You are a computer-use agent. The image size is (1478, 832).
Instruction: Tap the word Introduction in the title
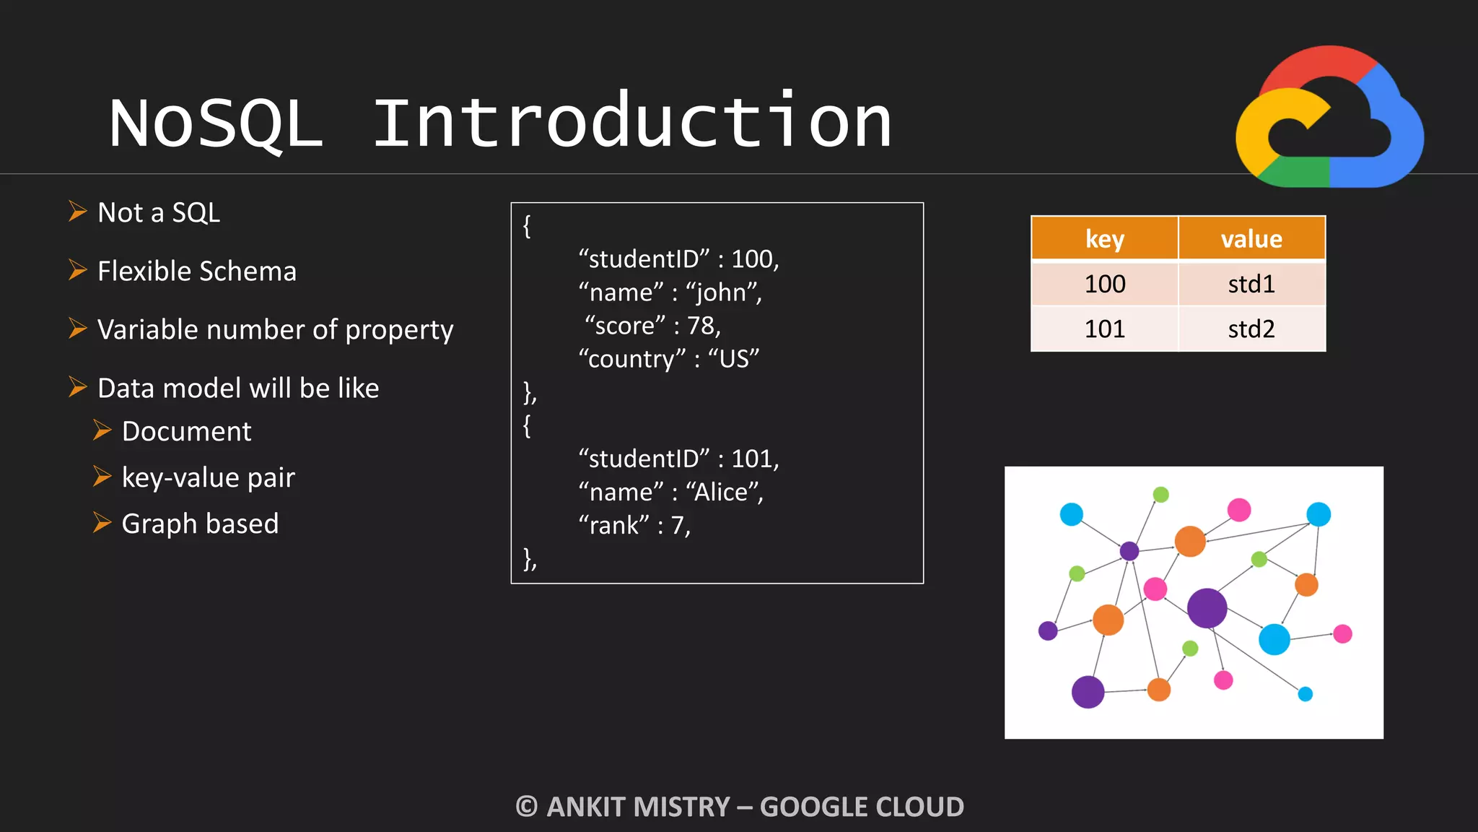[x=632, y=121]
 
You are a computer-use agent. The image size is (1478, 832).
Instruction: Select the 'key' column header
[x=1104, y=238]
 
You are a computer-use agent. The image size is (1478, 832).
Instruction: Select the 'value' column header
[x=1251, y=238]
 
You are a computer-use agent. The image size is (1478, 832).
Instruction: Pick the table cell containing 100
[x=1104, y=284]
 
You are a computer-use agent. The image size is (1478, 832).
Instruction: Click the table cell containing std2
[x=1251, y=329]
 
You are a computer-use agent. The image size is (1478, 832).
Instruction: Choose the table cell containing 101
[x=1104, y=329]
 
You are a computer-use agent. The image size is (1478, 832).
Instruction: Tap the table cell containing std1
[x=1251, y=284]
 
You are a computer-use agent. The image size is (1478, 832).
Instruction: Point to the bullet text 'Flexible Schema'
[x=196, y=272]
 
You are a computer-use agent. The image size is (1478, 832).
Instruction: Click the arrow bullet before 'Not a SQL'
[x=77, y=212]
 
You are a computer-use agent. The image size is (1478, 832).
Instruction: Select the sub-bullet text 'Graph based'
[x=200, y=524]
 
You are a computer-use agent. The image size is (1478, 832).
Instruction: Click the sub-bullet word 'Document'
[x=186, y=431]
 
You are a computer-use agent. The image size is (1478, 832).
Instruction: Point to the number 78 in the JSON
[x=700, y=326]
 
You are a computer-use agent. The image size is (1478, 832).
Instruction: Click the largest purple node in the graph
[x=1207, y=608]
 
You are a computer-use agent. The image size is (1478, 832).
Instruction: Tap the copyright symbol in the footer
[x=527, y=807]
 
